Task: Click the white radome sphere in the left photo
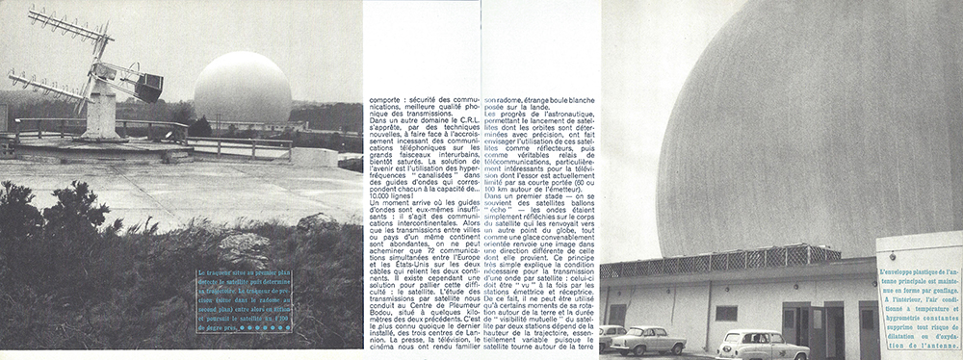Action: (x=242, y=88)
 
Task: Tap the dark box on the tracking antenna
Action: (x=148, y=89)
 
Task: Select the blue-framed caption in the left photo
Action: (x=244, y=299)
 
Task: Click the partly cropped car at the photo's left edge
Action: (x=609, y=338)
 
